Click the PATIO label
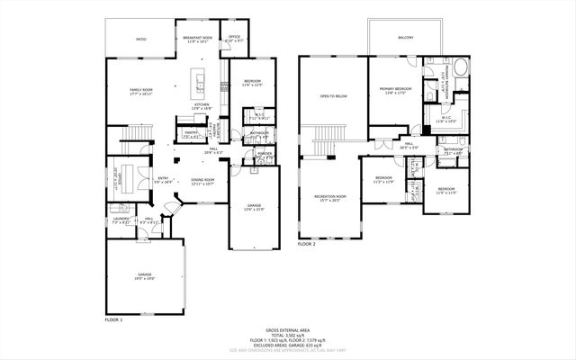(x=140, y=40)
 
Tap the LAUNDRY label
(x=119, y=220)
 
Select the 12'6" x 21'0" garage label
(x=254, y=207)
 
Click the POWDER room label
(x=265, y=154)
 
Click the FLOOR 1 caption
(x=113, y=320)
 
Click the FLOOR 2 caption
(x=307, y=244)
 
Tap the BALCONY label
(x=406, y=37)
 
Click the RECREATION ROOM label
(x=330, y=197)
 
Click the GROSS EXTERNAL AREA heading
(x=287, y=330)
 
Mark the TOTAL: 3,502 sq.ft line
(x=287, y=335)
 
